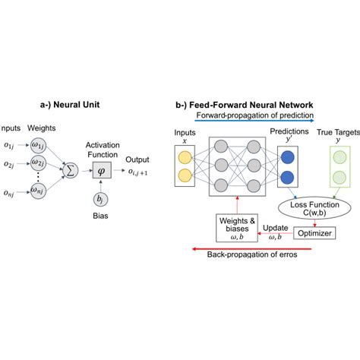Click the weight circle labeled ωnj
click(x=38, y=193)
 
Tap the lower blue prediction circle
click(x=289, y=178)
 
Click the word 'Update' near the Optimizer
click(x=275, y=226)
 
